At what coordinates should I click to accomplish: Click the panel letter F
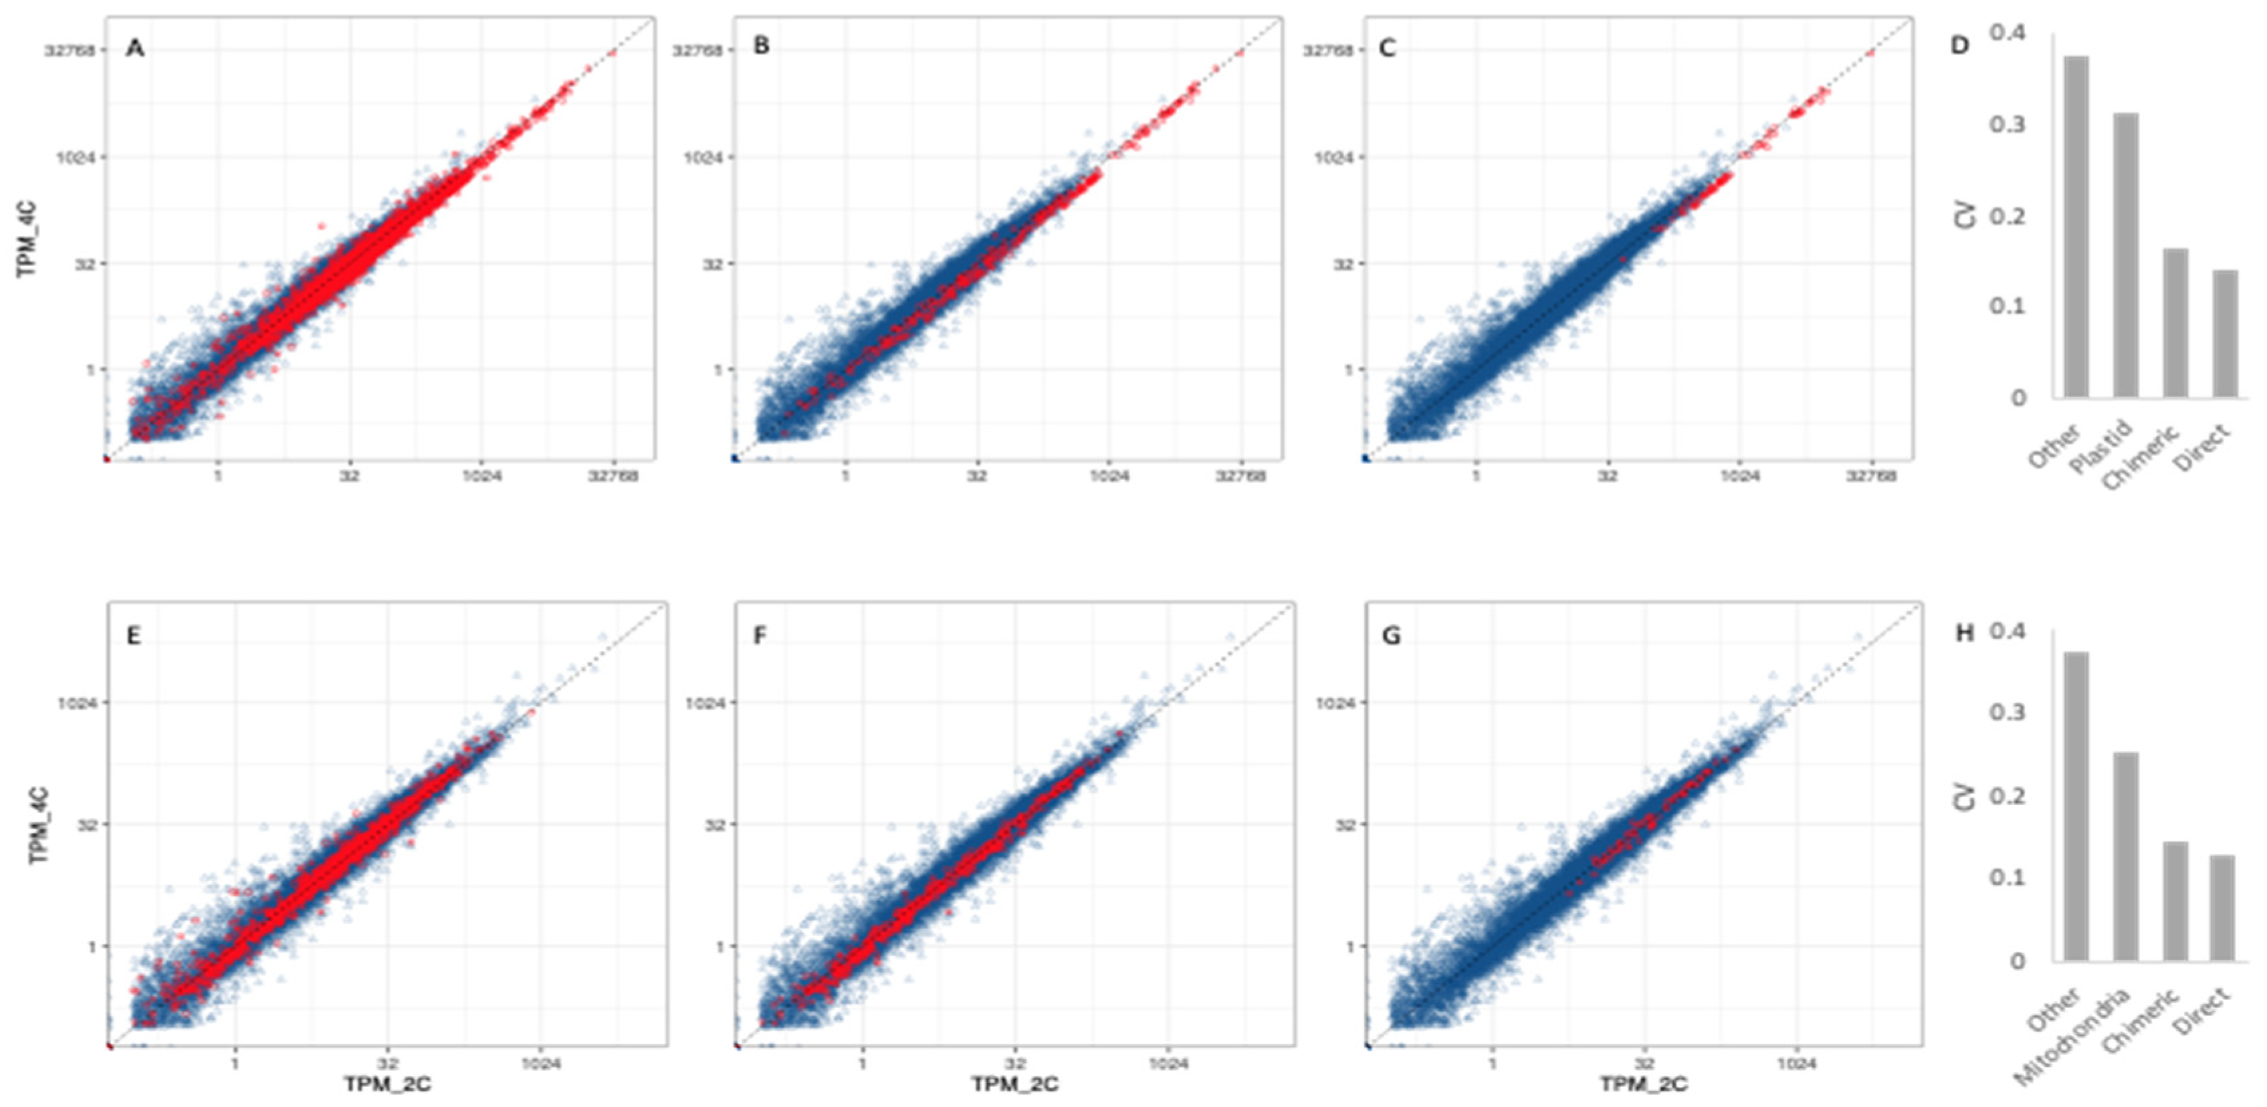(760, 635)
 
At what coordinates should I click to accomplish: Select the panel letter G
(1392, 635)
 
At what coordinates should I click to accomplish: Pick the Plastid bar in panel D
(2126, 255)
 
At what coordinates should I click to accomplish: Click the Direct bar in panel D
(2226, 334)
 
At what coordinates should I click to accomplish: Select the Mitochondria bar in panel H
(2126, 856)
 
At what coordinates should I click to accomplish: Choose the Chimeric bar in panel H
(2175, 901)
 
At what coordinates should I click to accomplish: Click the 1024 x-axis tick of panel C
(1739, 476)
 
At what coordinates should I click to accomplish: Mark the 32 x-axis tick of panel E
(387, 1063)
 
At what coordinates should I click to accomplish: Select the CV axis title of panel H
(1964, 796)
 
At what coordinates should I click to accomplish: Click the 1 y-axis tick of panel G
(1350, 947)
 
